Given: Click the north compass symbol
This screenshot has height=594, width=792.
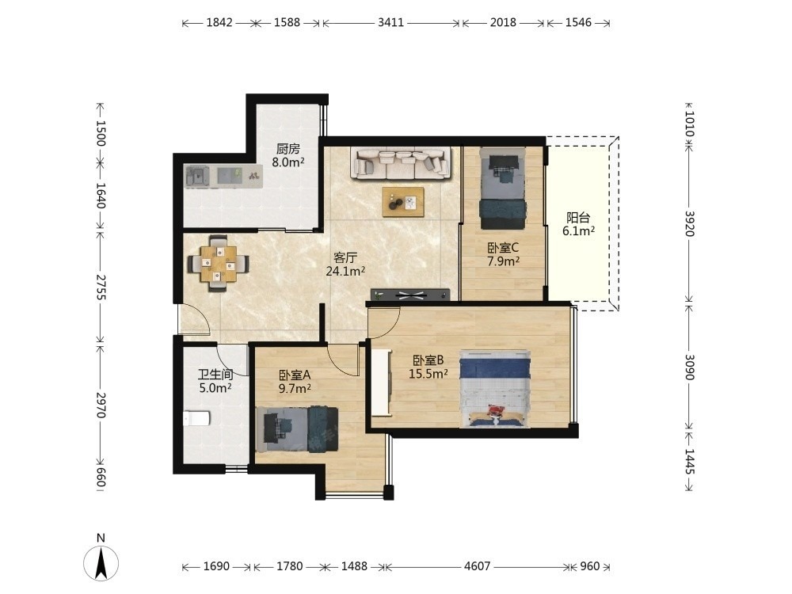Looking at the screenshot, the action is [x=101, y=562].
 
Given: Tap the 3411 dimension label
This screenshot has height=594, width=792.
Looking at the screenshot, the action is [x=391, y=23].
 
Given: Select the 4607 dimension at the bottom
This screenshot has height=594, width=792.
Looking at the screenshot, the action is [x=478, y=567].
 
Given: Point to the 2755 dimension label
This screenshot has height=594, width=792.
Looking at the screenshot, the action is [x=101, y=287].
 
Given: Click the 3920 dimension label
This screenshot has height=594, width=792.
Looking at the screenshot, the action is [x=690, y=223].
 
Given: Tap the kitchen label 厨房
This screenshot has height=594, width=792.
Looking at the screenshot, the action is [x=288, y=149].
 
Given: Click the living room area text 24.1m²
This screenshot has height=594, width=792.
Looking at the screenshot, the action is [x=345, y=271].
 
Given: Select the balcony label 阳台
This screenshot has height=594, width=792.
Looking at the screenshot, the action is [x=578, y=218].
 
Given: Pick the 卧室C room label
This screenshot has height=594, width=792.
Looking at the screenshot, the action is [x=503, y=248].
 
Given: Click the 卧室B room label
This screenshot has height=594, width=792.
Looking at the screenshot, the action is [x=428, y=360].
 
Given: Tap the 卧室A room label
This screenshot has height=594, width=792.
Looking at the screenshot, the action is [x=295, y=375].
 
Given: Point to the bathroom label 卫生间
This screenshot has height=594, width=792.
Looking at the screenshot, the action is [x=215, y=375].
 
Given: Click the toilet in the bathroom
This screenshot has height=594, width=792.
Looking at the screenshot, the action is [x=196, y=418].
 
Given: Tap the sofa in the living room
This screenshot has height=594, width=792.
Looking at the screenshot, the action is [x=401, y=163].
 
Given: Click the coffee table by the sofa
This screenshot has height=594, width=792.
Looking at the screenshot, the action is [x=403, y=202].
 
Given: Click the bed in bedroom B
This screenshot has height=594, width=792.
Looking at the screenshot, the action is [x=495, y=388].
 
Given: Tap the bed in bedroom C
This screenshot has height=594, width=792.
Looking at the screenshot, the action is [x=503, y=188].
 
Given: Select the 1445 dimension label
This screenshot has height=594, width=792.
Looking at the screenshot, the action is [x=690, y=462].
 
